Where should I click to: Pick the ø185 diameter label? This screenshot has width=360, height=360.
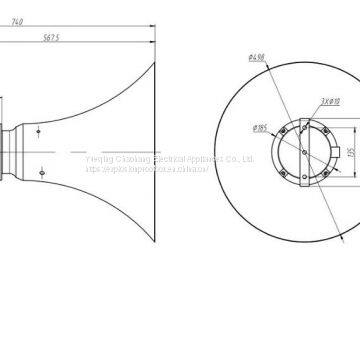[261, 128]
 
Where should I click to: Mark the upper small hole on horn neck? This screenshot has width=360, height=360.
[37, 129]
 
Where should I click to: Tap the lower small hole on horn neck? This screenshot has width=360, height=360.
[40, 173]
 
